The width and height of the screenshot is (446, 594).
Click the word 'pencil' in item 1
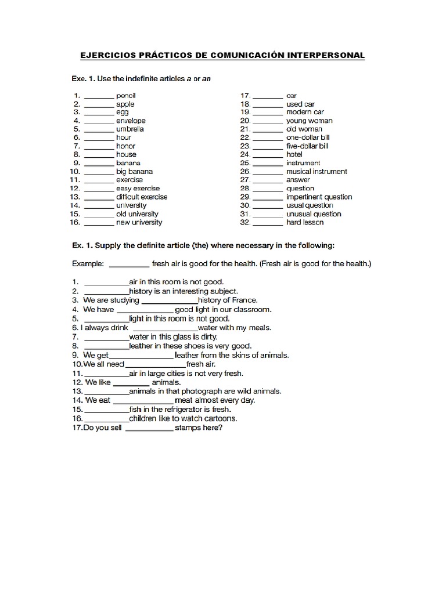pyautogui.click(x=125, y=95)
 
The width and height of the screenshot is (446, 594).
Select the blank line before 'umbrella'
pyautogui.click(x=99, y=129)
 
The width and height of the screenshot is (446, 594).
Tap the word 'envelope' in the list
pyautogui.click(x=131, y=121)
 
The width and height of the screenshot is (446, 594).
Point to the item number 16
pyautogui.click(x=75, y=222)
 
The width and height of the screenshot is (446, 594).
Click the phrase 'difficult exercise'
pyautogui.click(x=142, y=197)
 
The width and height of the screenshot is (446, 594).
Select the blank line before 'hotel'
pyautogui.click(x=268, y=155)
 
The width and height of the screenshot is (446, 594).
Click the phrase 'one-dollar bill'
pyautogui.click(x=308, y=137)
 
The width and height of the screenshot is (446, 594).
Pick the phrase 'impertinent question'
pyautogui.click(x=319, y=197)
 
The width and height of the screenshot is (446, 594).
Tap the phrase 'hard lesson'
pyautogui.click(x=305, y=222)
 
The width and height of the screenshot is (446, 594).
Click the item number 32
pyautogui.click(x=244, y=222)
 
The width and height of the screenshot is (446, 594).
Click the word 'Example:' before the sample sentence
pyautogui.click(x=88, y=264)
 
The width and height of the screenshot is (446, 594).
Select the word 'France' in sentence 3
pyautogui.click(x=244, y=300)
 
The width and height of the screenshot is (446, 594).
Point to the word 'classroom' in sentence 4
pyautogui.click(x=251, y=309)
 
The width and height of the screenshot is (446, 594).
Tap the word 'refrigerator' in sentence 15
pyautogui.click(x=182, y=410)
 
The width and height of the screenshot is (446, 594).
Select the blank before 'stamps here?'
pyautogui.click(x=149, y=429)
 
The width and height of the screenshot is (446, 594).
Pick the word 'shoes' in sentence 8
pyautogui.click(x=198, y=346)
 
